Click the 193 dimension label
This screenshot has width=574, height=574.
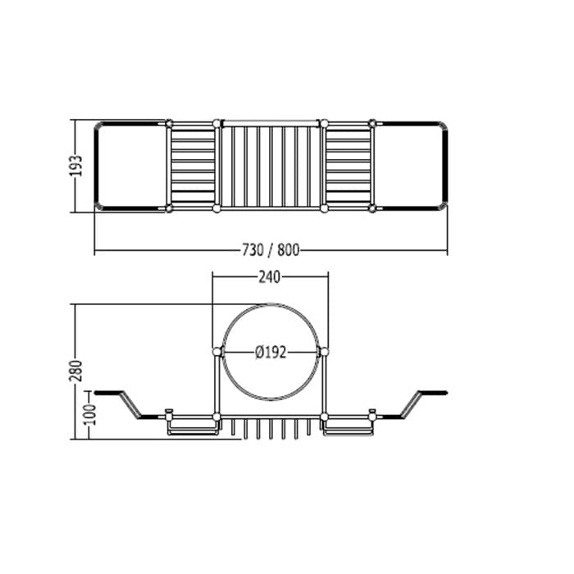(x=76, y=166)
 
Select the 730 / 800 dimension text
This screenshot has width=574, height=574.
(x=271, y=250)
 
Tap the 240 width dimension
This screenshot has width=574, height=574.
(x=270, y=277)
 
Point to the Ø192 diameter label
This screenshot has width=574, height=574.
(x=271, y=353)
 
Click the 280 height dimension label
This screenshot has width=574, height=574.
(x=76, y=371)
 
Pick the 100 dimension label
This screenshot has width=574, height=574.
(x=90, y=415)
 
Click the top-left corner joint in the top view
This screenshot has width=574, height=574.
(x=169, y=123)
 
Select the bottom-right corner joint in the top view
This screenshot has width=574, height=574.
(x=372, y=208)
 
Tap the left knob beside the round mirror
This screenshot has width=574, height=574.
(x=217, y=352)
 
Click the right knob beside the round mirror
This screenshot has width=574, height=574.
(x=324, y=352)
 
